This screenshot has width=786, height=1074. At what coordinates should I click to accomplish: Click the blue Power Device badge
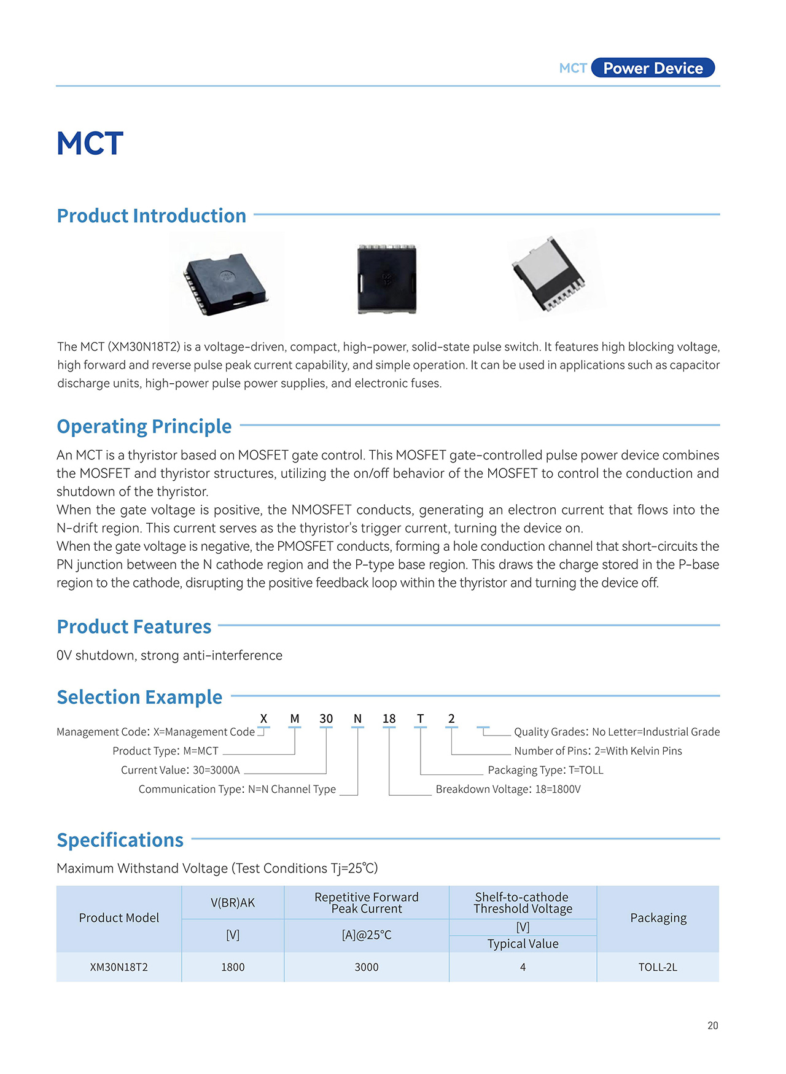(653, 68)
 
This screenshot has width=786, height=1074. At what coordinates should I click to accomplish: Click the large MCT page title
(90, 144)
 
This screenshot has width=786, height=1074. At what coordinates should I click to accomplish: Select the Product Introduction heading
(151, 216)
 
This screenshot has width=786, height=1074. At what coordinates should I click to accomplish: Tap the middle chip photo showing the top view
(387, 279)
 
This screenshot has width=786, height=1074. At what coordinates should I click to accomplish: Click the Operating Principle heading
(144, 426)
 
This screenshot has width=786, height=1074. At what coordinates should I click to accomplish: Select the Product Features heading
(134, 626)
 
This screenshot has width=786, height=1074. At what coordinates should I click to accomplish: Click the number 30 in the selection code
(326, 718)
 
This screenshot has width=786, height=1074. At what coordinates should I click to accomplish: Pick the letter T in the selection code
(420, 718)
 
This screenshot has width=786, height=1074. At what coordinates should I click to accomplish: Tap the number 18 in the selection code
(389, 718)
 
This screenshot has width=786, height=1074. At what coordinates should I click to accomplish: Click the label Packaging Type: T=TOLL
(545, 770)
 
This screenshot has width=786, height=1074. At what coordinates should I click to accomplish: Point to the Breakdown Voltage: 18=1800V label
(508, 789)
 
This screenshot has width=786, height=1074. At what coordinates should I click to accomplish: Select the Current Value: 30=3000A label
(180, 770)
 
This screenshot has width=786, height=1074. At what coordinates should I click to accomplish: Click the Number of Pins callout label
(597, 751)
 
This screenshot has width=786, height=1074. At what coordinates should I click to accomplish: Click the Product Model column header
(119, 918)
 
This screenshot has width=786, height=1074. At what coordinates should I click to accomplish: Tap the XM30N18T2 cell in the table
(119, 967)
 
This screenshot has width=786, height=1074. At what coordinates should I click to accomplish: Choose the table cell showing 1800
(233, 967)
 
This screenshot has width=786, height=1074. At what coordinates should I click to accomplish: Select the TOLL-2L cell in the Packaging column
(658, 967)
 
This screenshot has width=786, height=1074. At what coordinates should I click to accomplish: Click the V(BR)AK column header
(233, 903)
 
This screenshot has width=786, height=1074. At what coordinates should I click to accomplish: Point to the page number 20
(712, 1025)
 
